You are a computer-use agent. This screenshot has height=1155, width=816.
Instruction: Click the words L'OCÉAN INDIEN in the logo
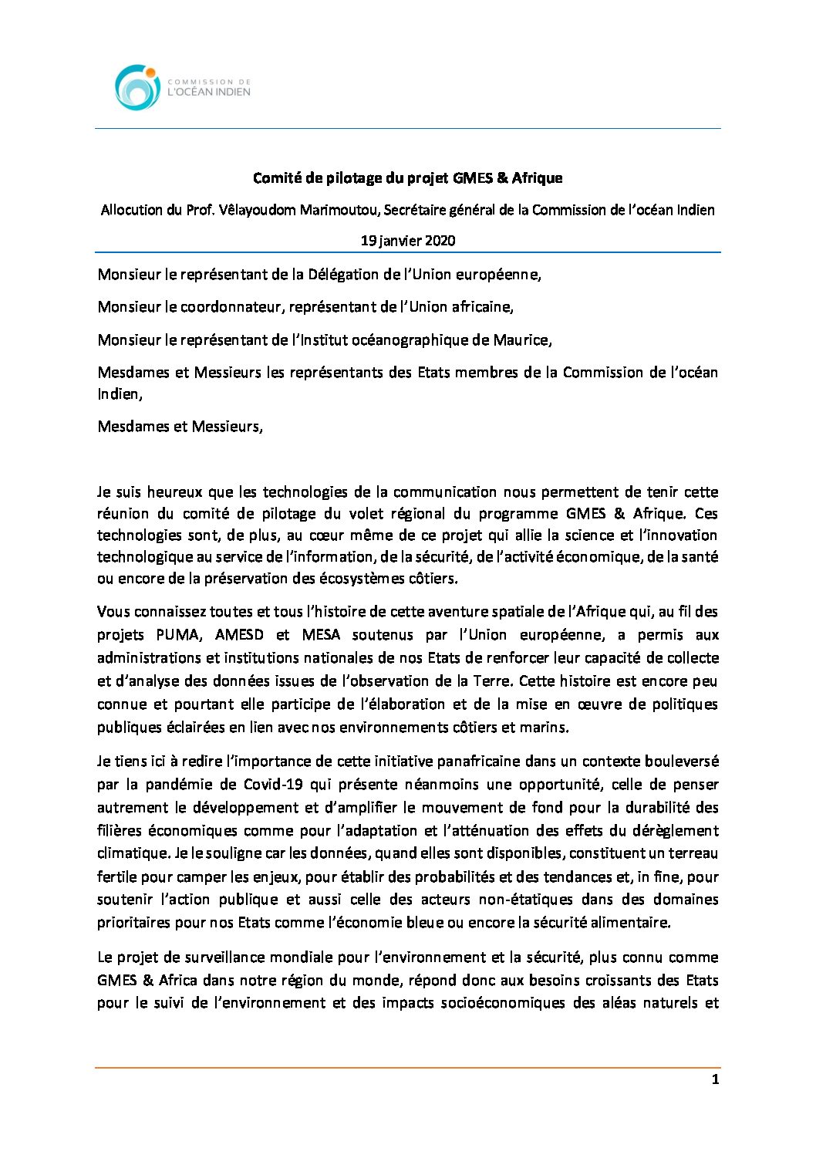[209, 92]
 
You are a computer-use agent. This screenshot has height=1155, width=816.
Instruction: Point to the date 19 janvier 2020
[408, 241]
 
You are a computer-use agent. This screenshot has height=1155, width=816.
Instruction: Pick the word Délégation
[346, 275]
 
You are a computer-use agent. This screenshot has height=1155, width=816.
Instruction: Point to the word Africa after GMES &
[178, 981]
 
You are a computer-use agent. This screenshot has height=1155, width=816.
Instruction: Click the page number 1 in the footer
[715, 1079]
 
